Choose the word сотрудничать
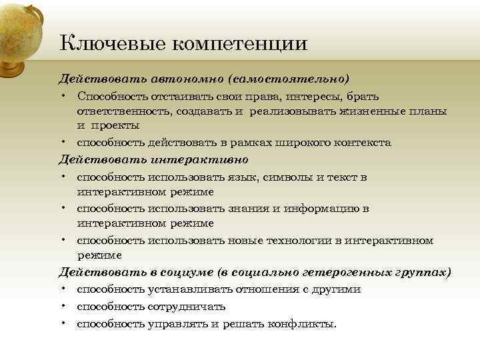coord(183,306)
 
